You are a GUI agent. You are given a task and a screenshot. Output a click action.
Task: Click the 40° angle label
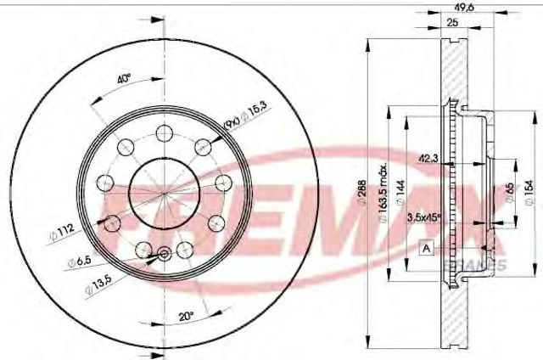(124, 80)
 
